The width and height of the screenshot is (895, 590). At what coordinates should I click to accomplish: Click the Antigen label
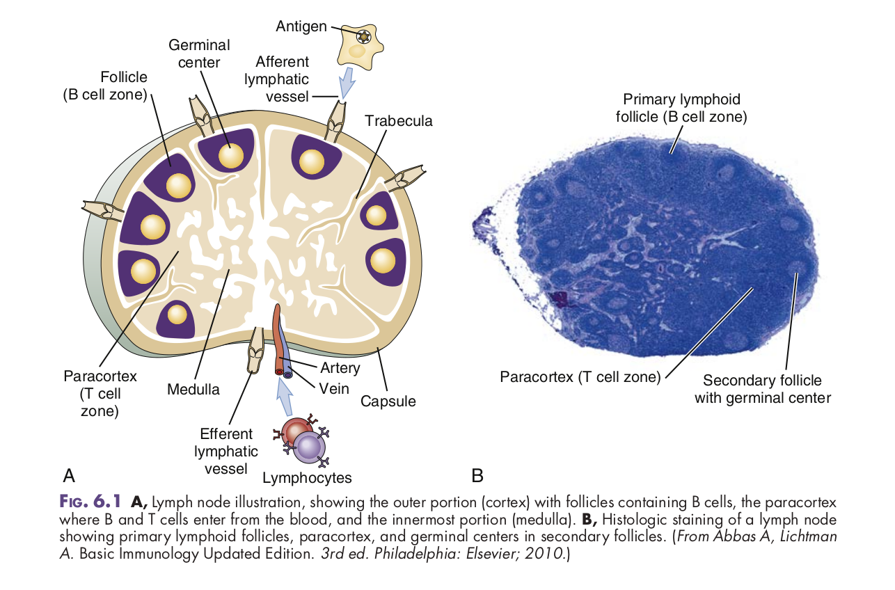point(301,26)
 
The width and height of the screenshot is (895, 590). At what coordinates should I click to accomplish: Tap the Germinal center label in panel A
point(198,54)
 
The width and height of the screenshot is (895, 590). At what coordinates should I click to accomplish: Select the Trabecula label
point(398,121)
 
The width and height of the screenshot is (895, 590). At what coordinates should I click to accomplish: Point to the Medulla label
point(193,390)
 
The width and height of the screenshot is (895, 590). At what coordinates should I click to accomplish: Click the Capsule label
point(388,401)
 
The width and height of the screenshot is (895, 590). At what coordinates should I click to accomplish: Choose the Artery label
point(340,368)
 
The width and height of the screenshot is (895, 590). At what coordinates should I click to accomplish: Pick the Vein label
point(334,388)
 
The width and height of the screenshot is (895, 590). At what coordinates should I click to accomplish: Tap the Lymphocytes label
point(307,478)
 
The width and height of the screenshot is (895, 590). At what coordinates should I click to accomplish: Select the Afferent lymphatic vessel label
point(277,79)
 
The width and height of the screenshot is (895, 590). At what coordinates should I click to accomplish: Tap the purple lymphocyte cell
point(310,445)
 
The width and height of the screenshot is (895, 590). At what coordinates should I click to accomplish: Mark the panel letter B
point(477,476)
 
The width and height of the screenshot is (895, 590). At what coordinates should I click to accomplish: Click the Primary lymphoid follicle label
point(681,108)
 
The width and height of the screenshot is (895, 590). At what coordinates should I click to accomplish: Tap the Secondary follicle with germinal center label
point(762,389)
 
